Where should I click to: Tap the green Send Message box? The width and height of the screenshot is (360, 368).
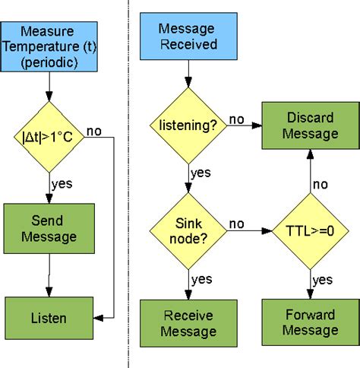coord(48,228)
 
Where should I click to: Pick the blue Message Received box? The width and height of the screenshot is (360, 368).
coord(188,36)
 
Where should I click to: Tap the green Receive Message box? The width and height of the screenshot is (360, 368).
coord(188,322)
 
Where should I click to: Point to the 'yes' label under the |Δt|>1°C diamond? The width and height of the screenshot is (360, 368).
coord(62,183)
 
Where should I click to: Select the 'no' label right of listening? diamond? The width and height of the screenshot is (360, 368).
coord(236,119)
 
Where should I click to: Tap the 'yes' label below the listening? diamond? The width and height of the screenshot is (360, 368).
coord(201,173)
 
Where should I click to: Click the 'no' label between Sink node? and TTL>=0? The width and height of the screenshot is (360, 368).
coord(237,224)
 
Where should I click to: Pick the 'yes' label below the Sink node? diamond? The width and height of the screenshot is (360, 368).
coord(201,278)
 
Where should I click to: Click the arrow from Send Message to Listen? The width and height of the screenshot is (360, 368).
coord(49,274)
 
